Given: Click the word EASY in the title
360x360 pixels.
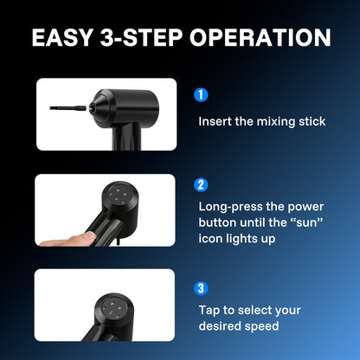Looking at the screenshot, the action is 61,37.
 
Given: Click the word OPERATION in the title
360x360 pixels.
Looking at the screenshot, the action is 260,37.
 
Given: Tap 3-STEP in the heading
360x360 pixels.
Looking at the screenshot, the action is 141,37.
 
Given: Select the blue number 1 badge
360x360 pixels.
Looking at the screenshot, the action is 201,94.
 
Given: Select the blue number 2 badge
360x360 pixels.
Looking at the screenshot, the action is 201,184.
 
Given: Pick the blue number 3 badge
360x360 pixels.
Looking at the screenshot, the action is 201,288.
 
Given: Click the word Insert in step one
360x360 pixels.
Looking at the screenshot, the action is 215,121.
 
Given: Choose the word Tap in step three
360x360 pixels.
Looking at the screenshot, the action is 209,311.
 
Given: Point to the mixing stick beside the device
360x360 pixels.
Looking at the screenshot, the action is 67,108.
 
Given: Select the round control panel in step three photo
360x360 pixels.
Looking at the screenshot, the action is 112,308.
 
